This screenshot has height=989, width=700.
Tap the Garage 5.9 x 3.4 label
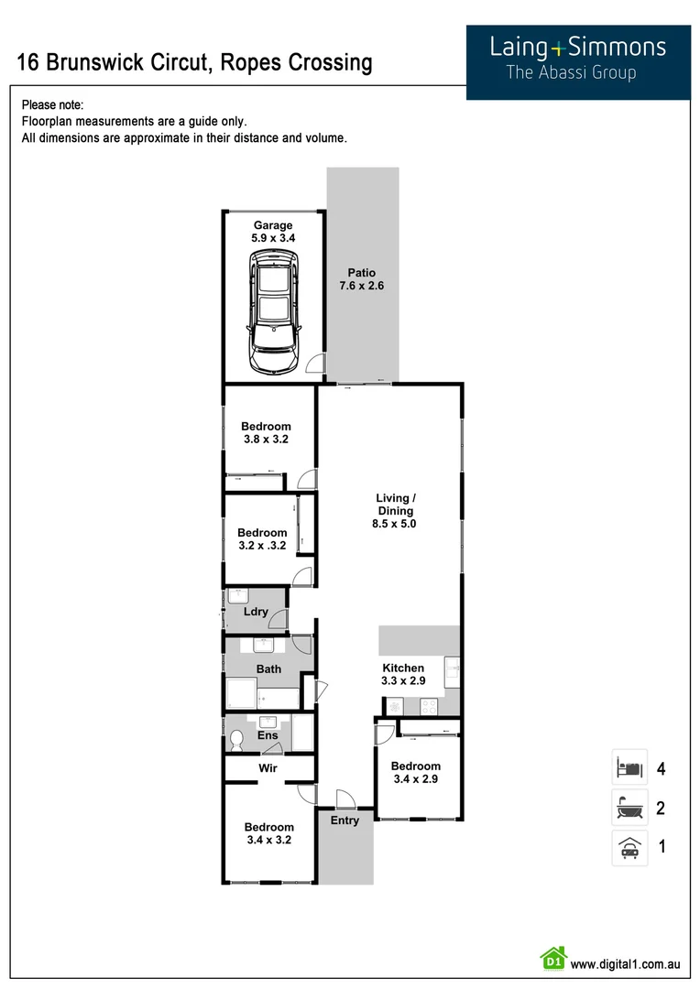click(x=273, y=232)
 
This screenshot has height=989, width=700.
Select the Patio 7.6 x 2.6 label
click(x=361, y=279)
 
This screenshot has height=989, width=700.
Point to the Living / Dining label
click(x=395, y=511)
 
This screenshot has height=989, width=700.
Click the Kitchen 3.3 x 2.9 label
click(x=403, y=675)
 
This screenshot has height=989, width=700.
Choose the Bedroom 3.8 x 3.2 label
click(x=266, y=432)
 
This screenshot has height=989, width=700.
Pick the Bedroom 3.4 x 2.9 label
click(x=415, y=773)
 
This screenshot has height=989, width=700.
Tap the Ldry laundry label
click(x=256, y=612)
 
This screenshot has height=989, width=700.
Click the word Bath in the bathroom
click(x=268, y=669)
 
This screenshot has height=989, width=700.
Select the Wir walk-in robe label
click(x=268, y=768)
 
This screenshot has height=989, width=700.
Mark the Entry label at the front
click(x=345, y=821)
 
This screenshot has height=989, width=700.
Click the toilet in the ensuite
click(x=236, y=739)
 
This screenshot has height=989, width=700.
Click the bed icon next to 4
click(x=629, y=767)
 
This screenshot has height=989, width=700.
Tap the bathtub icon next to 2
click(x=629, y=808)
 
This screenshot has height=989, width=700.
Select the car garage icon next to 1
click(x=629, y=848)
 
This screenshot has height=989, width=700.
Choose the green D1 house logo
click(x=552, y=959)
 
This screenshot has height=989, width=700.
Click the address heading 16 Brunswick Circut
click(x=195, y=62)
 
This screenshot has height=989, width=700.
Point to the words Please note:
click(x=52, y=105)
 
